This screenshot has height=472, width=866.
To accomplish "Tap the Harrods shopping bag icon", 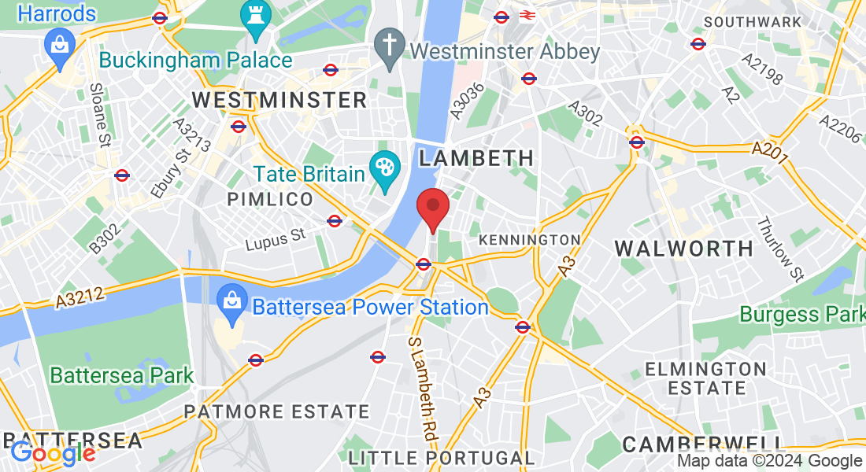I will tap(58, 44).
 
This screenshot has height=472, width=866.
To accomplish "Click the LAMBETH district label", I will tap(476, 158).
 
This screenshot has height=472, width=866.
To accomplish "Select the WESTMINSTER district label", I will tap(279, 100).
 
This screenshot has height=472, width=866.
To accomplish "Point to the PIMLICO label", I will tap(270, 200).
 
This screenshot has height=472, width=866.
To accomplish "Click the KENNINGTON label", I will tap(529, 239).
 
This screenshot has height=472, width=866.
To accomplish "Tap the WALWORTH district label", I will tap(683, 249).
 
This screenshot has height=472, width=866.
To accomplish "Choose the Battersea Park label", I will tap(122, 375).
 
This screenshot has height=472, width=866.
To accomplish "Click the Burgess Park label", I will tap(801, 315).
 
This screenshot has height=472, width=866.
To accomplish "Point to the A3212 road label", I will tap(82, 297).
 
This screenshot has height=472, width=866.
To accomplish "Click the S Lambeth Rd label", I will tap(422, 387).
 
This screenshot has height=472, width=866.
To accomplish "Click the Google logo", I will tap(54, 453).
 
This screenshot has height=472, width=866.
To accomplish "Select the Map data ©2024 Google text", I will tap(770, 461).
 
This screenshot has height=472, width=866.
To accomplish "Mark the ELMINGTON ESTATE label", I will tap(706, 378).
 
